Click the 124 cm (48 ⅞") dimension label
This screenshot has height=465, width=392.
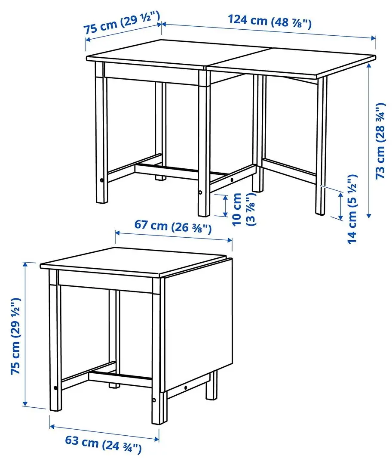click(x=269, y=21)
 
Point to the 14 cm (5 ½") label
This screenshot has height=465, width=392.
click(x=352, y=209)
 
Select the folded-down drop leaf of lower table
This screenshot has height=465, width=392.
click(x=198, y=323)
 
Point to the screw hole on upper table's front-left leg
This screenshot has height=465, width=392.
click(x=101, y=181)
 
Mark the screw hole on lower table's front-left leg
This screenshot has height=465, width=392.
click(x=55, y=388)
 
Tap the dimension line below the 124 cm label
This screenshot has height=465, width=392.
click(x=269, y=31)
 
